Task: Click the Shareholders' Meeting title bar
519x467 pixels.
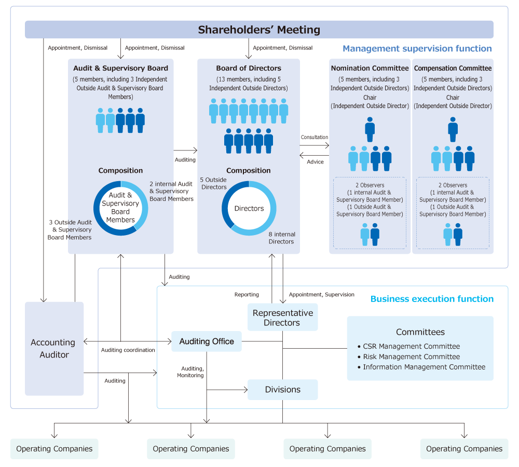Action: (x=259, y=30)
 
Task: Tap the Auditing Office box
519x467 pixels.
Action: (x=207, y=341)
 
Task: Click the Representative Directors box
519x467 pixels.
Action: (x=282, y=318)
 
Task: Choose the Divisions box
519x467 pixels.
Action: (x=282, y=390)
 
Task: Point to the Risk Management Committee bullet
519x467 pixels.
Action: (x=411, y=356)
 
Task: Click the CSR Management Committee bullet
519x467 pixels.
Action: (x=411, y=346)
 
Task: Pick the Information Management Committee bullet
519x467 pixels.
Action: (x=424, y=367)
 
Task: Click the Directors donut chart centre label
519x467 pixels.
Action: (x=249, y=209)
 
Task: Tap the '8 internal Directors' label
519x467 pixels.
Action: (x=282, y=238)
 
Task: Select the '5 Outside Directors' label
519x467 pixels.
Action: (x=213, y=184)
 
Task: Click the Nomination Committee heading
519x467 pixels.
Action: (x=370, y=68)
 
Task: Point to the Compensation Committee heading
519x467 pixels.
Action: (x=453, y=68)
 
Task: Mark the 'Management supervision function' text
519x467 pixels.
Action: (x=417, y=49)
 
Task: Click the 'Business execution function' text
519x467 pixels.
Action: (x=432, y=299)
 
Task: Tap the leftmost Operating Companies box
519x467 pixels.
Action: (x=54, y=449)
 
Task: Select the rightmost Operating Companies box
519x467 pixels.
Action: (x=464, y=449)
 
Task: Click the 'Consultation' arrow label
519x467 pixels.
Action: (x=315, y=138)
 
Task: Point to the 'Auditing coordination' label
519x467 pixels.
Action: (x=128, y=350)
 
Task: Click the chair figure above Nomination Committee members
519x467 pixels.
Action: (x=370, y=129)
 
